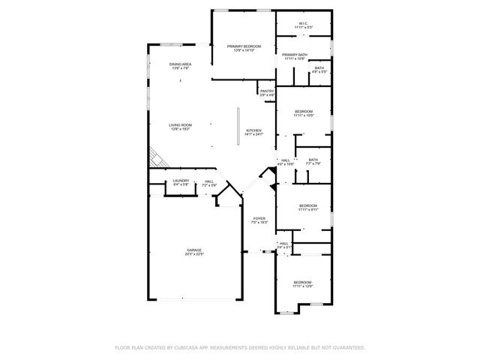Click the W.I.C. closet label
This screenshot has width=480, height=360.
coord(303,25)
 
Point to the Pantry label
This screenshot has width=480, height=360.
coord(267,93)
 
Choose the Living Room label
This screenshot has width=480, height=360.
coord(180,127)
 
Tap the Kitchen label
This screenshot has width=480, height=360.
coord(255,132)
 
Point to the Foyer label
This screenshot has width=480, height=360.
coord(259,220)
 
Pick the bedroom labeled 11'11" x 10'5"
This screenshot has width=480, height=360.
coord(303,113)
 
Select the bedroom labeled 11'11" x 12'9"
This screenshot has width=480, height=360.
coord(302,283)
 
